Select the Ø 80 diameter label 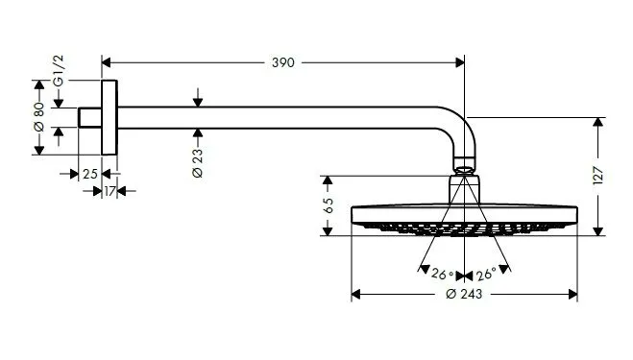click(x=38, y=117)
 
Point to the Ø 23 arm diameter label click(x=196, y=159)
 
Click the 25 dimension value click(x=88, y=174)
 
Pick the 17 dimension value click(x=110, y=191)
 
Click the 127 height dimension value click(x=598, y=176)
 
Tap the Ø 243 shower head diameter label click(x=464, y=294)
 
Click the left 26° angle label click(x=442, y=274)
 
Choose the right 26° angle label click(x=485, y=274)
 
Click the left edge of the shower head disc click(x=354, y=217)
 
